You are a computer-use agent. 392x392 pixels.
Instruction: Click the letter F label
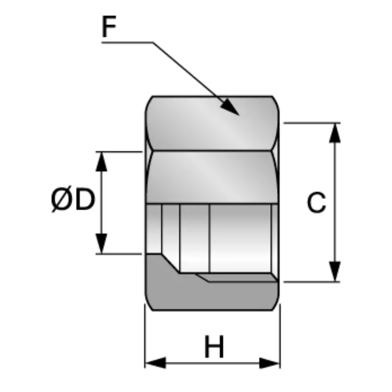tap(109, 26)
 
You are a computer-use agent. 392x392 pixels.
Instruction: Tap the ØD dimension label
tap(73, 199)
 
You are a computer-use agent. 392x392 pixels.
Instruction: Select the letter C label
tap(317, 202)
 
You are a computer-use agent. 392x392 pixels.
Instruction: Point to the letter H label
tap(214, 347)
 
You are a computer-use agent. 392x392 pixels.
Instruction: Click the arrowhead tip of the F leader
tap(239, 115)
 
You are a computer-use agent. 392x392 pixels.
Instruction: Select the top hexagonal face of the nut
tap(212, 123)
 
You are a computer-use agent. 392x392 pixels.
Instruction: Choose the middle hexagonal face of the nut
tap(212, 177)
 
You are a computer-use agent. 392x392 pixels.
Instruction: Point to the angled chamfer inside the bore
tap(170, 264)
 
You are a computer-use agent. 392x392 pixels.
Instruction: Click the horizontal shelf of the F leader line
tap(127, 43)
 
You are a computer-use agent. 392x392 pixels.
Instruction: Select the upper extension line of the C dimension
tap(312, 123)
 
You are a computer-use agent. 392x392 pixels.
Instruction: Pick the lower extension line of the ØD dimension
tap(119, 254)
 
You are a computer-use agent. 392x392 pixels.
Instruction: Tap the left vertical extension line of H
tap(145, 336)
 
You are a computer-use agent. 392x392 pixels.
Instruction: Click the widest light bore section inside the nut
tap(241, 238)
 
